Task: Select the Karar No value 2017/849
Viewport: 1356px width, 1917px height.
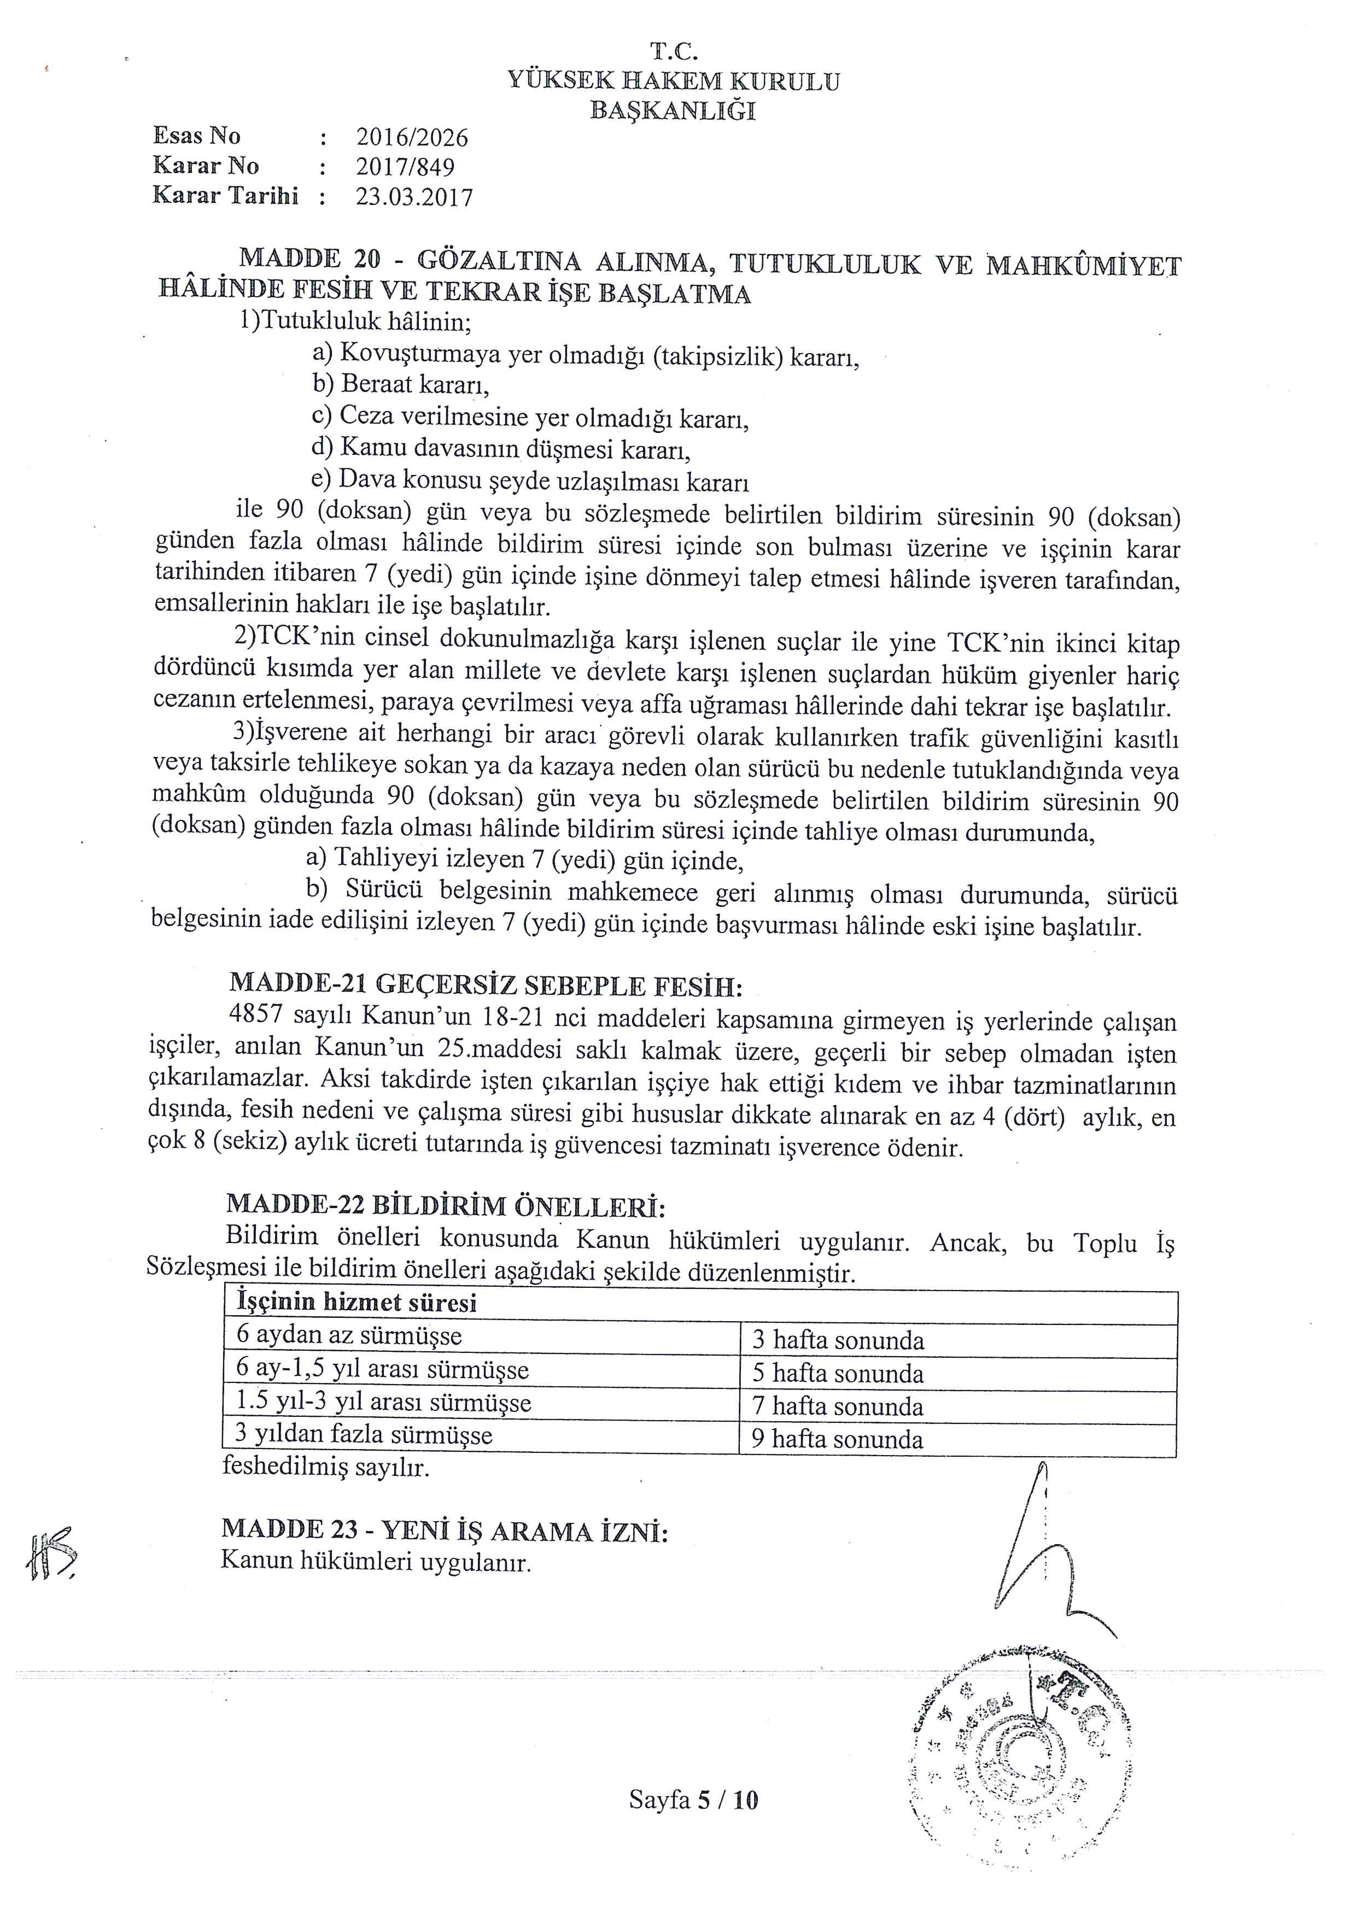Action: click(405, 167)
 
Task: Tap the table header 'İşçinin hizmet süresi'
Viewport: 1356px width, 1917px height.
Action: click(358, 1303)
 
